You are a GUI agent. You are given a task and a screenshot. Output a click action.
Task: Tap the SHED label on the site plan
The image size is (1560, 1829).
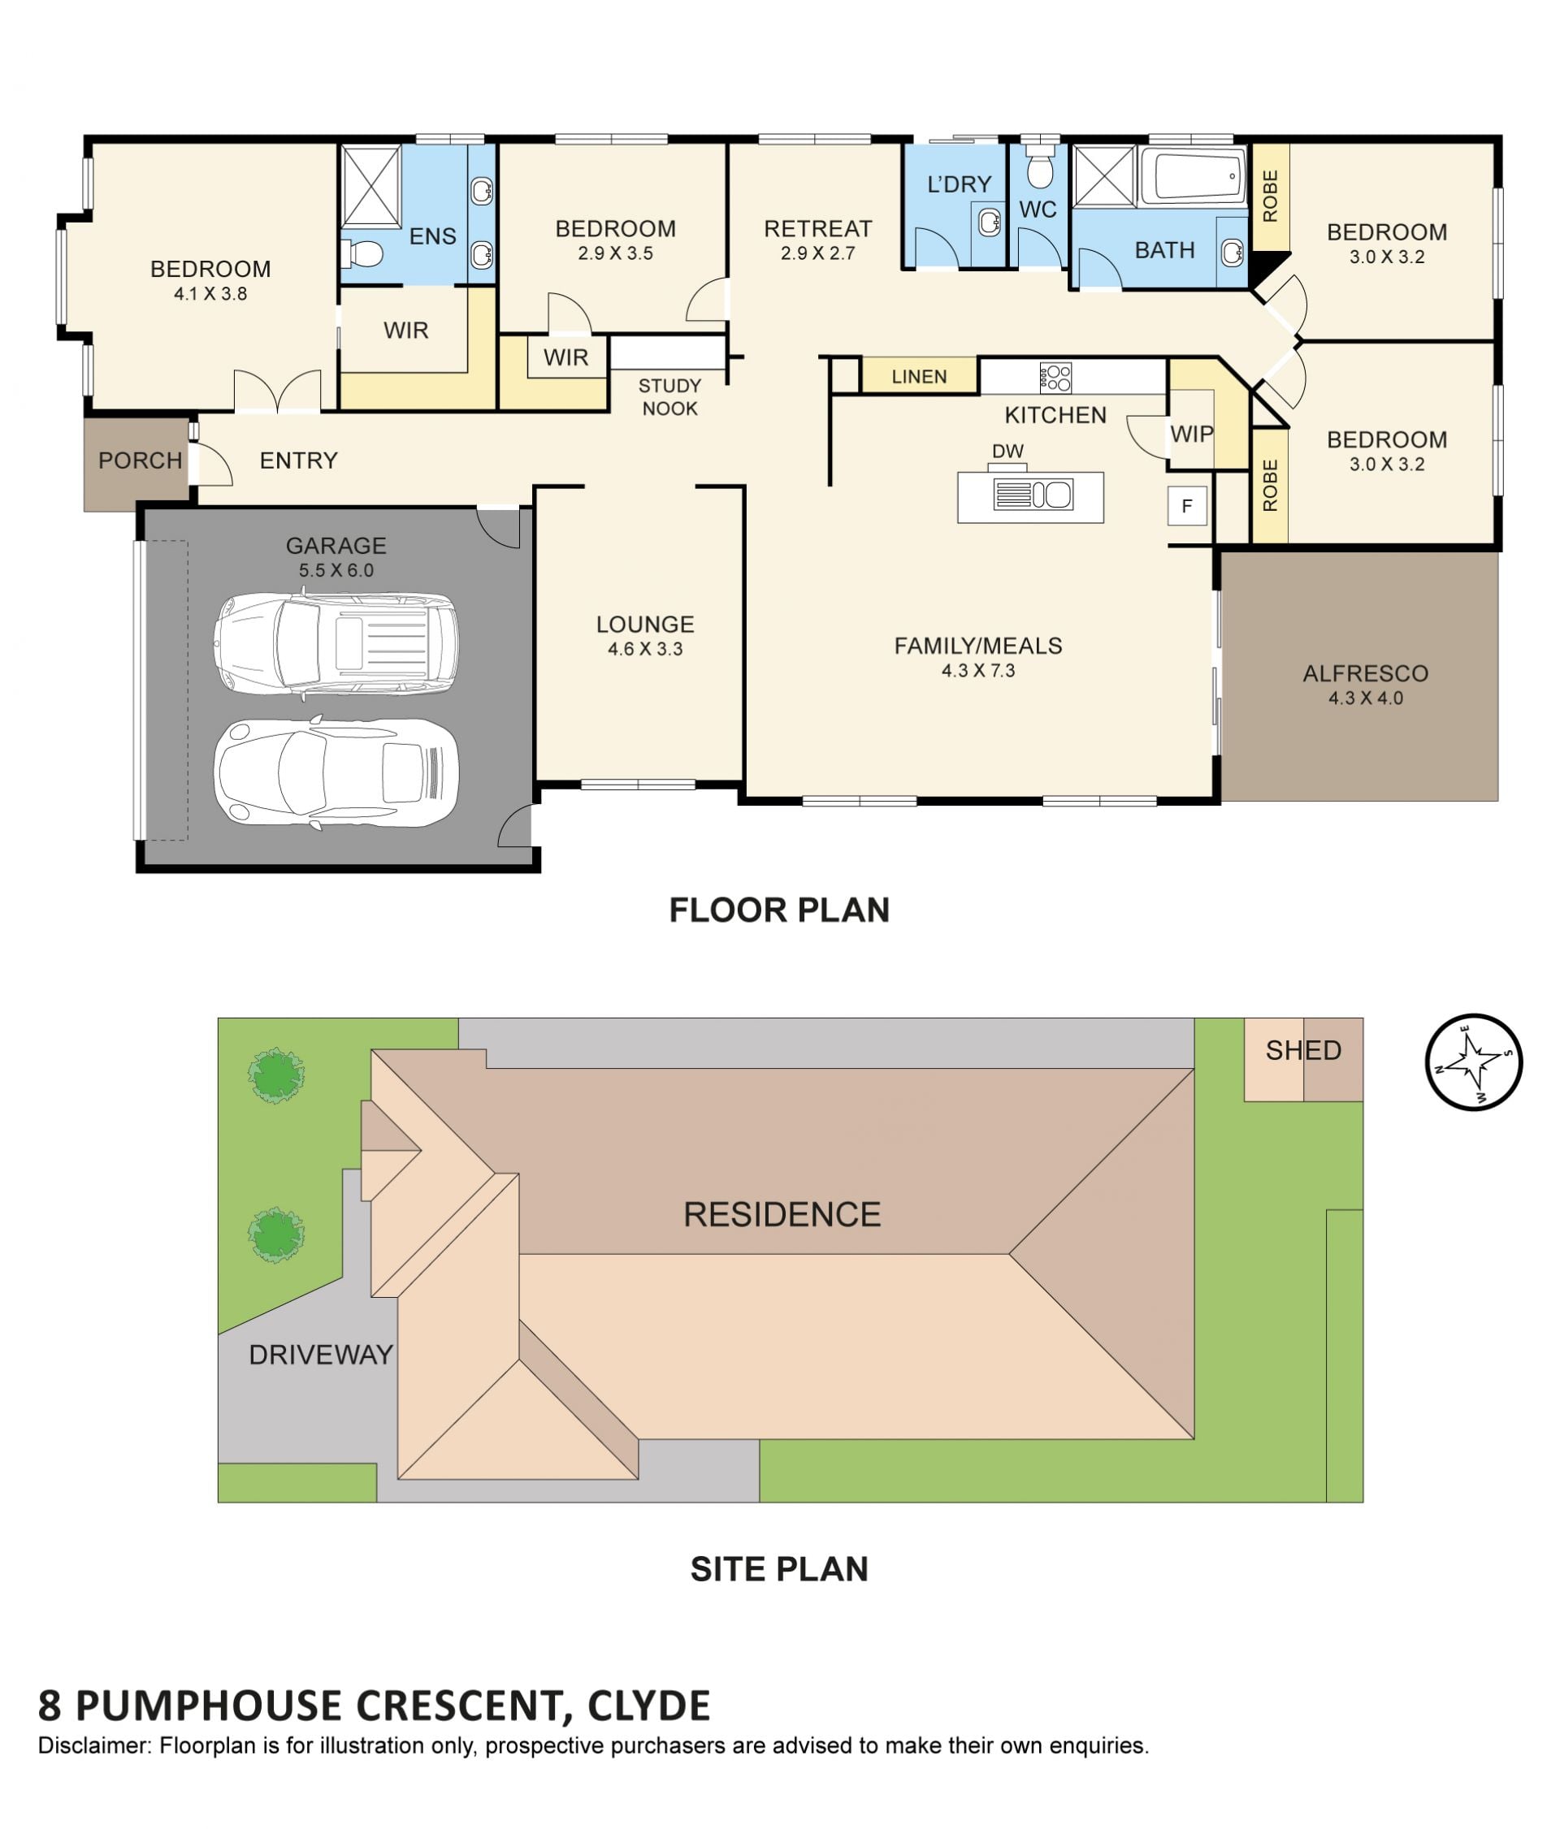point(1302,1049)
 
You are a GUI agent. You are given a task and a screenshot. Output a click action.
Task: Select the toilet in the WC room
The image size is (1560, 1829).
point(1039,165)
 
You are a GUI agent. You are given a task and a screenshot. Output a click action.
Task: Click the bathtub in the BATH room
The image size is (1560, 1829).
point(1192,176)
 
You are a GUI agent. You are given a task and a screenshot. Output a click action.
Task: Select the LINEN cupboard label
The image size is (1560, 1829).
point(918,376)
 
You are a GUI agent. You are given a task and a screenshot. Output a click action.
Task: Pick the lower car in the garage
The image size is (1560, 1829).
point(336,772)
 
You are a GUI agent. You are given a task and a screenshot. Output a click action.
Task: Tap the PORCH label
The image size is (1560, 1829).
point(140,460)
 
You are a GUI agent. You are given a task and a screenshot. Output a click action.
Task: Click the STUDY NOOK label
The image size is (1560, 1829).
point(669,397)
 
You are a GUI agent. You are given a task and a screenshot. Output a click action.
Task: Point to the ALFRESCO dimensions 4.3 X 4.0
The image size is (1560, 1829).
point(1365,698)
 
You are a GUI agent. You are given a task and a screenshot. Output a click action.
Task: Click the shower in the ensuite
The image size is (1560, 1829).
point(370,187)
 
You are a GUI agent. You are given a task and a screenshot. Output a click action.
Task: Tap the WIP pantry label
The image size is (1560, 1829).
point(1191,434)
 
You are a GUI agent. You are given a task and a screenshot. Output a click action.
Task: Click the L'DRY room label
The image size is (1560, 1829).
point(959,184)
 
